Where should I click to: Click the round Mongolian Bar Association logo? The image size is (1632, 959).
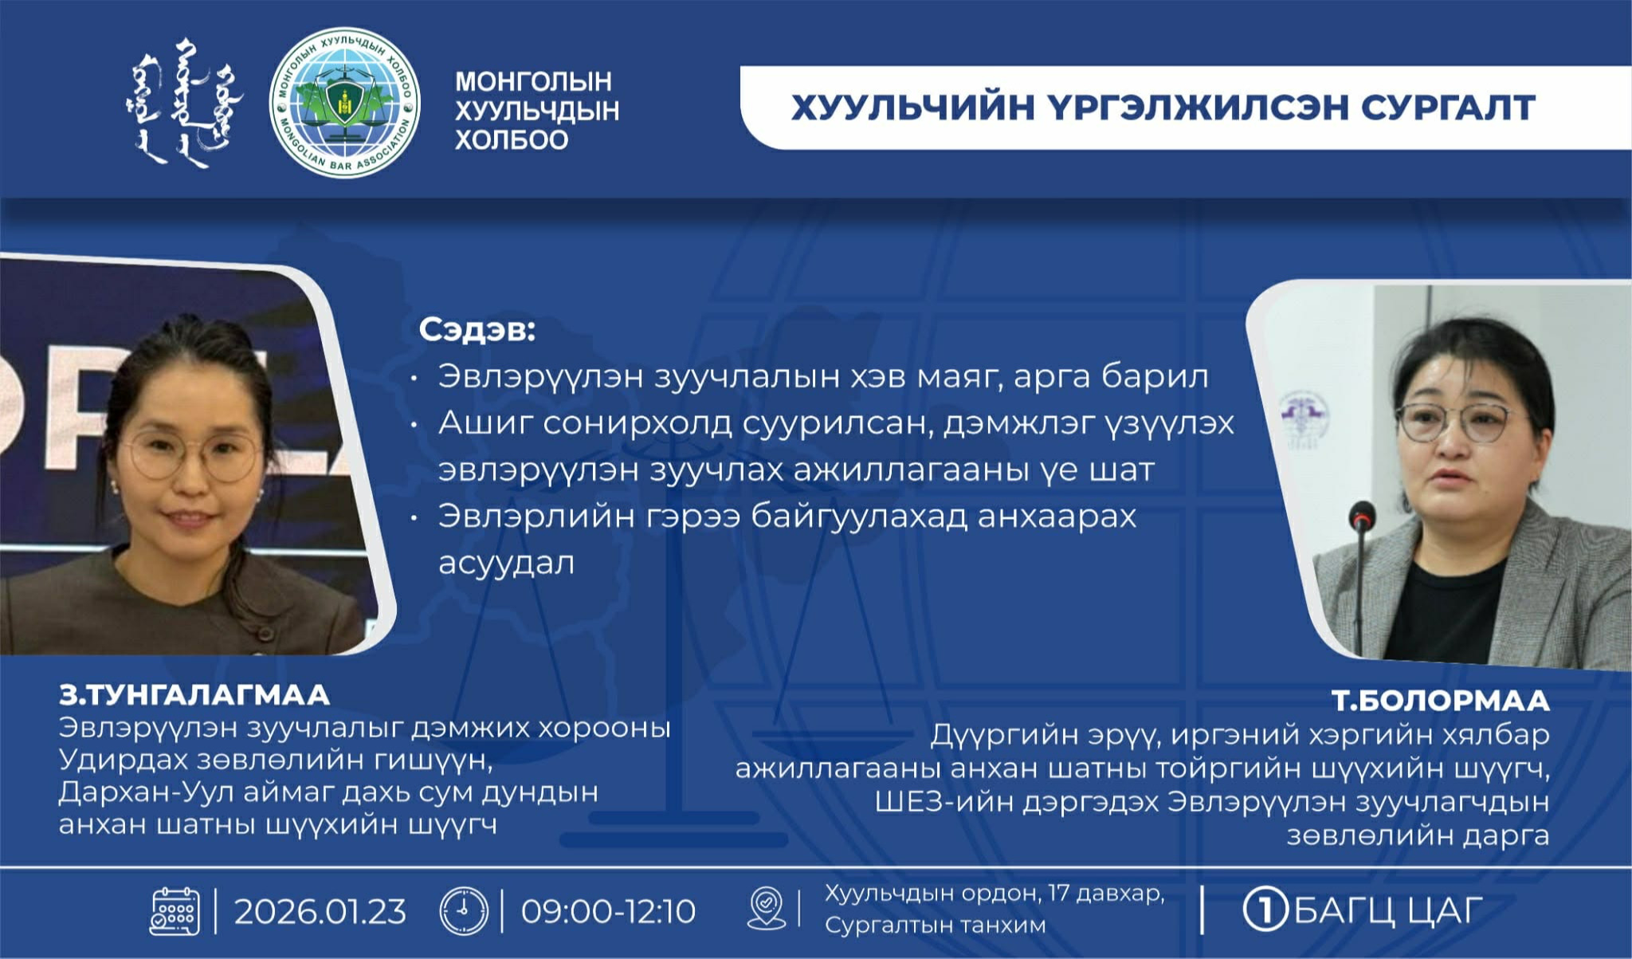tap(344, 103)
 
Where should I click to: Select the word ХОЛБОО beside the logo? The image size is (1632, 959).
tap(512, 140)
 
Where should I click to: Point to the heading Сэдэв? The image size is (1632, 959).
tap(477, 329)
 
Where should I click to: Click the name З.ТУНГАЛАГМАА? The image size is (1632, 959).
tap(194, 695)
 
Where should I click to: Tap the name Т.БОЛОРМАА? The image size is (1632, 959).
tap(1441, 700)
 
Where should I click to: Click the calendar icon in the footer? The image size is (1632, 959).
tap(175, 910)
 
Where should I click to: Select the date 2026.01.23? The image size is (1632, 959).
tap(320, 911)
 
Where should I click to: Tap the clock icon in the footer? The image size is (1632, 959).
tap(464, 910)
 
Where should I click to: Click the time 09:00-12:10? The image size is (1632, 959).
tap(609, 911)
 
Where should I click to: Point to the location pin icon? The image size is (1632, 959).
tap(767, 909)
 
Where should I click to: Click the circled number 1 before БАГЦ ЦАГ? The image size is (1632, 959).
tap(1265, 910)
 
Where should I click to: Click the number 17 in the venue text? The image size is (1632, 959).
tap(1059, 893)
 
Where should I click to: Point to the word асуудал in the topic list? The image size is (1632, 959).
tap(506, 563)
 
